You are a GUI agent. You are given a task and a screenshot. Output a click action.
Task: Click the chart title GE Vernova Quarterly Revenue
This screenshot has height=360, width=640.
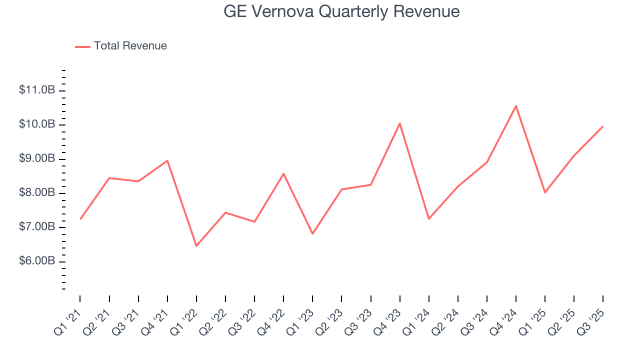click(341, 11)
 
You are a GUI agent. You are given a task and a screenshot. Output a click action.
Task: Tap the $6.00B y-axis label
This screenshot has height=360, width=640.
click(37, 261)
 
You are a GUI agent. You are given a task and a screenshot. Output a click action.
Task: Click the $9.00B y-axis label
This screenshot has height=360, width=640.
click(37, 158)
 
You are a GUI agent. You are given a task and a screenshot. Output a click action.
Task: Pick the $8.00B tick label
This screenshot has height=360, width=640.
click(37, 193)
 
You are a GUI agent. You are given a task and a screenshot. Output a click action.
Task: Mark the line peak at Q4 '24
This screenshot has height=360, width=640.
click(515, 105)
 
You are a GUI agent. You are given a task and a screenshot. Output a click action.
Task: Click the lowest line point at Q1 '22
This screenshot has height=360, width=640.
click(196, 246)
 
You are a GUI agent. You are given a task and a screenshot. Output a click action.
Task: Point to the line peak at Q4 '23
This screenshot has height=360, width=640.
click(399, 123)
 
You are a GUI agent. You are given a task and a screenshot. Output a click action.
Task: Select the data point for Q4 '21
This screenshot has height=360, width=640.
click(167, 160)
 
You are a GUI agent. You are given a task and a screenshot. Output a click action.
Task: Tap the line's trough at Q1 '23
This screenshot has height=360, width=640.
click(312, 234)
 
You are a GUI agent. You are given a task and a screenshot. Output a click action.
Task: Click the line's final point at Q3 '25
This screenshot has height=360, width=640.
click(602, 126)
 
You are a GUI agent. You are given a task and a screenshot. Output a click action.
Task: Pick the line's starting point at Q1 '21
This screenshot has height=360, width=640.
click(80, 219)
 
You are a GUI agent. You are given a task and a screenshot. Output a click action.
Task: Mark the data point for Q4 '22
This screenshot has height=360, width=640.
click(283, 173)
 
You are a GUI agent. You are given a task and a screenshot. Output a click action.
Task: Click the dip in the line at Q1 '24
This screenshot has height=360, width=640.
click(428, 219)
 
